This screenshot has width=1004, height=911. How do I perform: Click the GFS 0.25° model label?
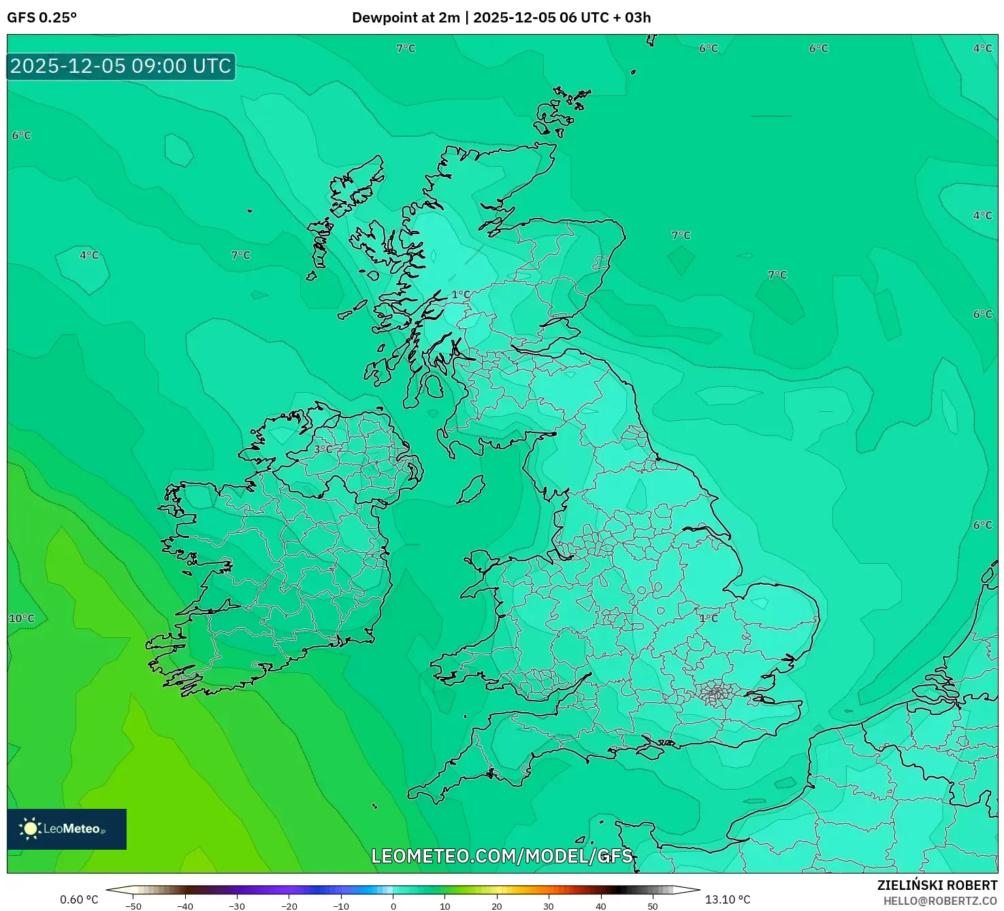pyautogui.click(x=42, y=18)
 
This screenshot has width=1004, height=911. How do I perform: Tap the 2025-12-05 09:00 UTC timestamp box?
pyautogui.click(x=121, y=66)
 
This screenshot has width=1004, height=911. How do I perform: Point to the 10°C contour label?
pyautogui.click(x=21, y=618)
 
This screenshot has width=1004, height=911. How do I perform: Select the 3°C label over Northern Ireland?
pyautogui.click(x=323, y=449)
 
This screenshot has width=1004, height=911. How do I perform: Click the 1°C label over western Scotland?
pyautogui.click(x=461, y=295)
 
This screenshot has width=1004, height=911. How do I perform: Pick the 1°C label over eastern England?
pyautogui.click(x=709, y=618)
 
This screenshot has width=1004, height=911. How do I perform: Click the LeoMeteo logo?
pyautogui.click(x=67, y=829)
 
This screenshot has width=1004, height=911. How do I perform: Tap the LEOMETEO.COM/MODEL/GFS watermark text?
pyautogui.click(x=502, y=856)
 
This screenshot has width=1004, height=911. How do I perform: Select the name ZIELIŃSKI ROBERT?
pyautogui.click(x=937, y=885)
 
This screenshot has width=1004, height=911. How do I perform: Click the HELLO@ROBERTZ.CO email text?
pyautogui.click(x=940, y=901)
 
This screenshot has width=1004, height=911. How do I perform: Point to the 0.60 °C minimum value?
pyautogui.click(x=79, y=899)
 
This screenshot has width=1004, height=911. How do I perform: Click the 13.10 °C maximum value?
pyautogui.click(x=727, y=899)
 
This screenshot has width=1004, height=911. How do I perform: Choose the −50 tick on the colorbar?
pyautogui.click(x=133, y=906)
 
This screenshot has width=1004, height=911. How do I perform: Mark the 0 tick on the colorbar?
pyautogui.click(x=393, y=906)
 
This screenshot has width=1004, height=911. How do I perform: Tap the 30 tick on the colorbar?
pyautogui.click(x=549, y=906)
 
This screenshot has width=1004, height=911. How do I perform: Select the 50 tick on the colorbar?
pyautogui.click(x=652, y=906)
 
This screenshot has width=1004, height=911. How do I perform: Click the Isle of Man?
pyautogui.click(x=471, y=490)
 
